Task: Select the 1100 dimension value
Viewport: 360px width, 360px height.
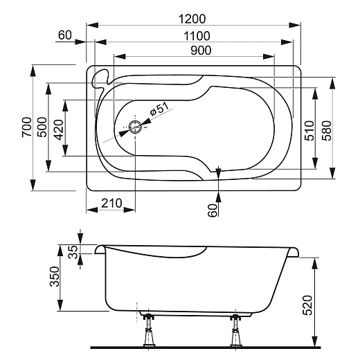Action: point(195,34)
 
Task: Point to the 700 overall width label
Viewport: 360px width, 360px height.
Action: point(26,127)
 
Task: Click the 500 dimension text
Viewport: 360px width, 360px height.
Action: point(42,127)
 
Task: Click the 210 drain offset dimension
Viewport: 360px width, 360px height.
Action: point(111,203)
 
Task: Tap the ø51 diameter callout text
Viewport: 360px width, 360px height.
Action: point(160,109)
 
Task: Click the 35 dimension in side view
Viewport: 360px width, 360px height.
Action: point(73,251)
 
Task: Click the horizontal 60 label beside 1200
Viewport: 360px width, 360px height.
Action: point(66,35)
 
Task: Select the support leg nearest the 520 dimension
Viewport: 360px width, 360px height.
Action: point(235,332)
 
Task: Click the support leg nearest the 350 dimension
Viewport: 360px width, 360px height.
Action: point(147,332)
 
